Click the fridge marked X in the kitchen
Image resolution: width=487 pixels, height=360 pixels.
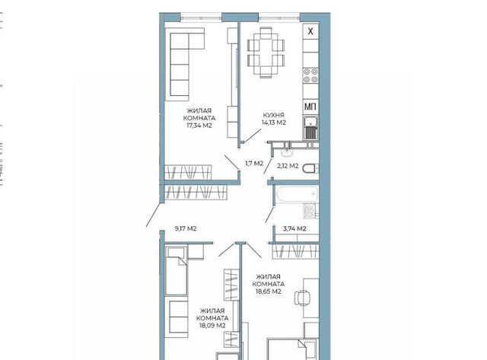310,31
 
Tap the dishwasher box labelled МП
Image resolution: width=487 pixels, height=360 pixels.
310,107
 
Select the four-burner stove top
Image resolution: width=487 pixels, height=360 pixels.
311,75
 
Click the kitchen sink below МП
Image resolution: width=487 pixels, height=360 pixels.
310,127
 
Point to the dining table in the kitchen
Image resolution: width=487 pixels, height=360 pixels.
266,53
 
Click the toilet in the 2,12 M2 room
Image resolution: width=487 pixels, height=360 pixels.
310,169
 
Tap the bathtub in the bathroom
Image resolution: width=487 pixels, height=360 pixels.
298,194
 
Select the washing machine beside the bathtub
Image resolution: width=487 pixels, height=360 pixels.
310,211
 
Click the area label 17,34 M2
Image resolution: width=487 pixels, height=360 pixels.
199,126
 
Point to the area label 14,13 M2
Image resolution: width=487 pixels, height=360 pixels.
274,123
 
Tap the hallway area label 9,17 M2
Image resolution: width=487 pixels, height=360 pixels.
186,228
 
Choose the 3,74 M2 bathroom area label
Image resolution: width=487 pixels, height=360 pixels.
294,228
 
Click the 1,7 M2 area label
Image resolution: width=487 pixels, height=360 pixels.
254,163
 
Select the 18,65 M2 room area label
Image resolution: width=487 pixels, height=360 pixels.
269,292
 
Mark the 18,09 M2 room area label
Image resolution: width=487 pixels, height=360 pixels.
212,326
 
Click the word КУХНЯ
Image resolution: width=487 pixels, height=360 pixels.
273,115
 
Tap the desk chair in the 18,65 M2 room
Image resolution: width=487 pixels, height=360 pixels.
302,298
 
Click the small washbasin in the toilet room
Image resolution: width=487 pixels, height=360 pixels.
286,151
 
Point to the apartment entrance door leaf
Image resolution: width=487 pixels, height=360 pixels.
153,215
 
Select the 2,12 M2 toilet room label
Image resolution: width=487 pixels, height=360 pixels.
288,166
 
